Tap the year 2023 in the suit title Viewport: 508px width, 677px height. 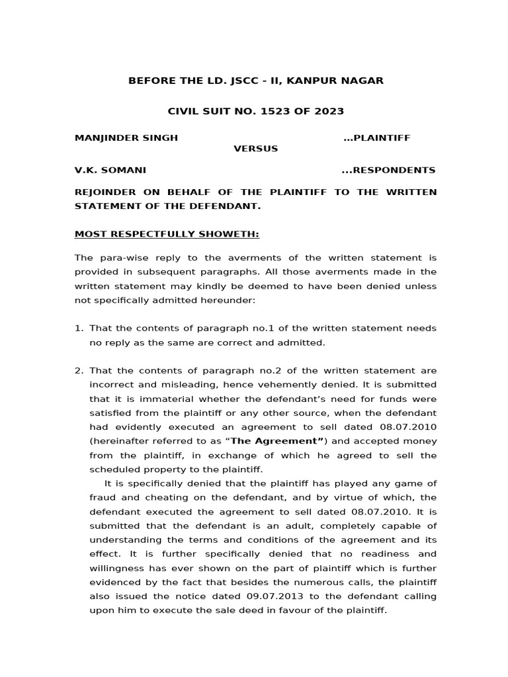click(x=329, y=111)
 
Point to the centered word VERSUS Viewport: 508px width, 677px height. click(x=255, y=149)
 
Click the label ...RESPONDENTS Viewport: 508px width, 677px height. click(x=388, y=170)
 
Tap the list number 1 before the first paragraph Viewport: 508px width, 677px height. click(x=78, y=328)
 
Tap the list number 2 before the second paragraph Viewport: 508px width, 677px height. click(x=78, y=370)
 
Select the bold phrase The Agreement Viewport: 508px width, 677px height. click(x=285, y=441)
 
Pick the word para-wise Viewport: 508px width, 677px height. click(x=119, y=257)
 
